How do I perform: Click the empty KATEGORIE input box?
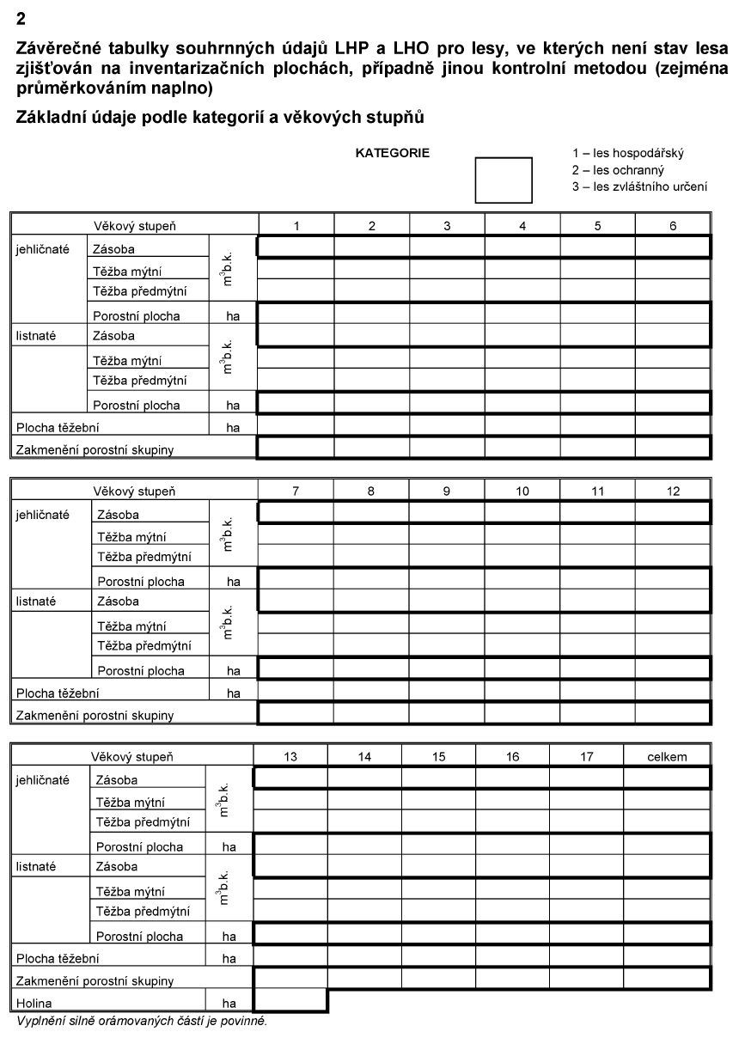504,180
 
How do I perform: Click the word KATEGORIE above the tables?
392,153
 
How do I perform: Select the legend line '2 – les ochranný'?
618,170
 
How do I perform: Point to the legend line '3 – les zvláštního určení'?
639,186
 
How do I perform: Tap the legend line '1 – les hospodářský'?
627,153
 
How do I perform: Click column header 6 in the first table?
673,226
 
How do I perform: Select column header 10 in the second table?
522,492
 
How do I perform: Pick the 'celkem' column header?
668,757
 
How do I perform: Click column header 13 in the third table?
290,757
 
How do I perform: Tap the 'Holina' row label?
34,1003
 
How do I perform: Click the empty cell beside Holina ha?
290,1002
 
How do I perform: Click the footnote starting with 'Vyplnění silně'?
142,1022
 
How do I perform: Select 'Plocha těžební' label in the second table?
57,693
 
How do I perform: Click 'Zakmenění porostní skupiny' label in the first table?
95,449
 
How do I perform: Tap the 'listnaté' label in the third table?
35,867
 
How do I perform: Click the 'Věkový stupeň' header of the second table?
134,492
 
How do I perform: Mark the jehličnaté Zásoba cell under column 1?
296,247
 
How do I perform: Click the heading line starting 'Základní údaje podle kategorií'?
220,118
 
